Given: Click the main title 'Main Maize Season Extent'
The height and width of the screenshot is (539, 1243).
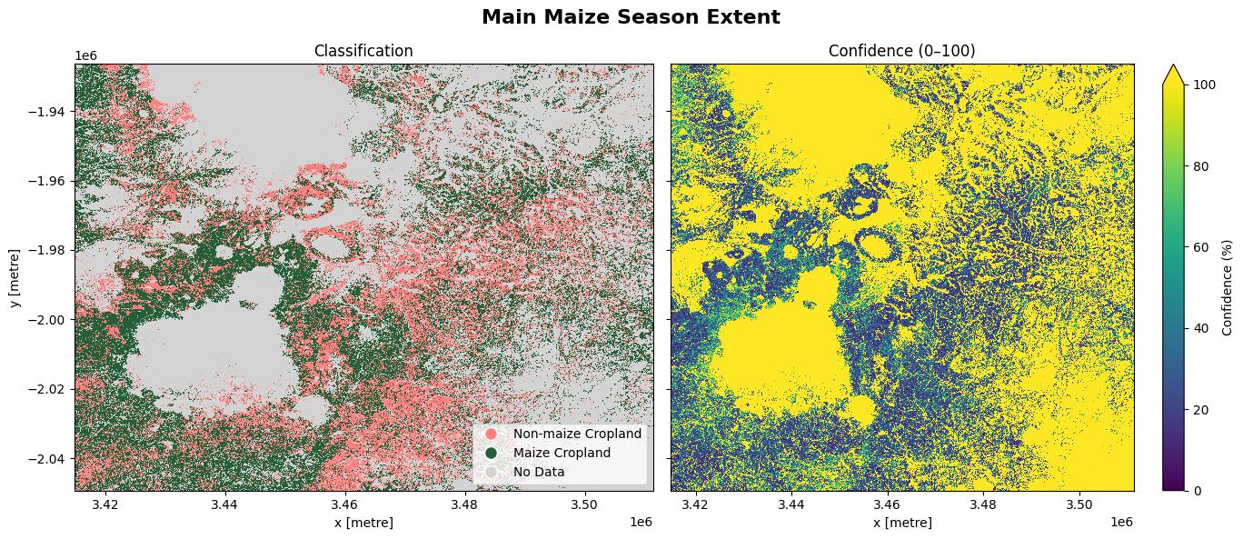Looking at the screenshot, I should (x=631, y=17).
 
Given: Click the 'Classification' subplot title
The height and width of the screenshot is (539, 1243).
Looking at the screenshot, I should (x=363, y=52).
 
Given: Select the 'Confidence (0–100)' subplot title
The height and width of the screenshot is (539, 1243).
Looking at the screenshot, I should (x=901, y=52).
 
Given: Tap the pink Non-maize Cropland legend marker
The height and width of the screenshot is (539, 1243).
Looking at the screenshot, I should (x=491, y=434).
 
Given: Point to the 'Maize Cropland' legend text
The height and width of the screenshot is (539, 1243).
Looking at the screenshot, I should (x=562, y=453).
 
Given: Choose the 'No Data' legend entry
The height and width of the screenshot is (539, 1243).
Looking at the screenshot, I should (x=538, y=472).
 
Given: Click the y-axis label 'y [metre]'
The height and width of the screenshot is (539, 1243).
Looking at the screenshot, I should (x=15, y=277).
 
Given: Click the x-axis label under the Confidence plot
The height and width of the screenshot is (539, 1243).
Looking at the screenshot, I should (x=901, y=523).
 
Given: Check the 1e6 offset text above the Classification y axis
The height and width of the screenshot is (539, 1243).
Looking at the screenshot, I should (x=85, y=56).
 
